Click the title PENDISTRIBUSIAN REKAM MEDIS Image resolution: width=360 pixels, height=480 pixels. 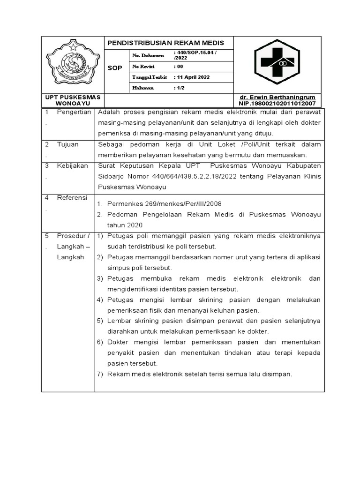tap(166, 43)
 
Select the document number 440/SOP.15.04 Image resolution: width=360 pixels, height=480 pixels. tap(195, 52)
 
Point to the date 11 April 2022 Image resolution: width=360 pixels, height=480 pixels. tap(193, 77)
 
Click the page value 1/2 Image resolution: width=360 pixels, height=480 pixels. tap(179, 88)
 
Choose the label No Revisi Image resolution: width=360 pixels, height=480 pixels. tap(144, 66)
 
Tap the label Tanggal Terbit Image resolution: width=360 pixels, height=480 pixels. tap(150, 77)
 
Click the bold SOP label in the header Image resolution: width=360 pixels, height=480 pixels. tap(115, 68)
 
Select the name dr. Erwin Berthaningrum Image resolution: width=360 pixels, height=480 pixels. tap(277, 97)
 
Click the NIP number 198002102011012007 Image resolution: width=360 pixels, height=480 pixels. tap(277, 103)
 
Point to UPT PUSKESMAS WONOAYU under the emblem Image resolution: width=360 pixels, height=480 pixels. tap(73, 100)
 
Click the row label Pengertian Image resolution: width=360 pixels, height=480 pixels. tap(74, 112)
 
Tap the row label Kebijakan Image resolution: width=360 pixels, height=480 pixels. tap(72, 166)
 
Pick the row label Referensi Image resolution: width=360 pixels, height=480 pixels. tap(72, 198)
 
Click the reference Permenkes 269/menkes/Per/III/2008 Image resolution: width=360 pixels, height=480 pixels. tap(165, 204)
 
